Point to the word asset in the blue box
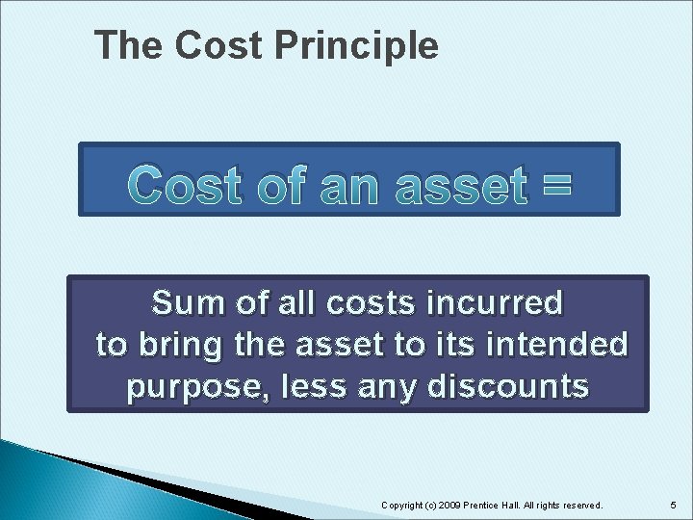click(449, 185)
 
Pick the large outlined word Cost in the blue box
click(189, 185)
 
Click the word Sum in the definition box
click(187, 303)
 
